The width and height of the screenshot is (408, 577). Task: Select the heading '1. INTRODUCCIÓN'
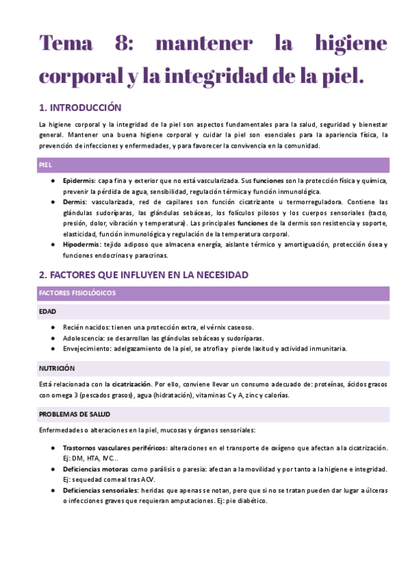pyautogui.click(x=80, y=108)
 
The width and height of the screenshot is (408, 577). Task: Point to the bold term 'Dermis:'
pyautogui.click(x=75, y=202)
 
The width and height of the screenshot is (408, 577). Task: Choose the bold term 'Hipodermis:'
pyautogui.click(x=82, y=244)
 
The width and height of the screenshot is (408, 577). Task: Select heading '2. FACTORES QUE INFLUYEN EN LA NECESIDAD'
pyautogui.click(x=143, y=275)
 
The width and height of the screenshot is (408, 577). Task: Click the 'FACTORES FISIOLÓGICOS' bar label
pyautogui.click(x=78, y=293)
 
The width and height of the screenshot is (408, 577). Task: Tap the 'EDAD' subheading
pyautogui.click(x=48, y=312)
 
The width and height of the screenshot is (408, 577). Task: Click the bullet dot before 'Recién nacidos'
pyautogui.click(x=53, y=328)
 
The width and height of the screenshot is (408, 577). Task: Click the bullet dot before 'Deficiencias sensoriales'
pyautogui.click(x=53, y=490)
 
